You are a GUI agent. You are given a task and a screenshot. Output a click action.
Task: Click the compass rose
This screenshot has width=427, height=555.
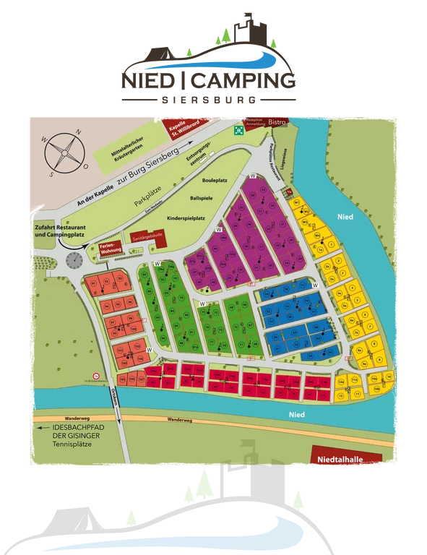click(x=64, y=152)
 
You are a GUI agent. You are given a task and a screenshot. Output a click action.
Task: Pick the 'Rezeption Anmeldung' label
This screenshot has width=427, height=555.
click(x=255, y=123)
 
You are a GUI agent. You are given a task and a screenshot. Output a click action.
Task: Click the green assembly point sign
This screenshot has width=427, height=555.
click(x=238, y=129)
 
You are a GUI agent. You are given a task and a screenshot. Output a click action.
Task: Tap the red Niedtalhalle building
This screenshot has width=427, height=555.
click(x=337, y=458)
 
